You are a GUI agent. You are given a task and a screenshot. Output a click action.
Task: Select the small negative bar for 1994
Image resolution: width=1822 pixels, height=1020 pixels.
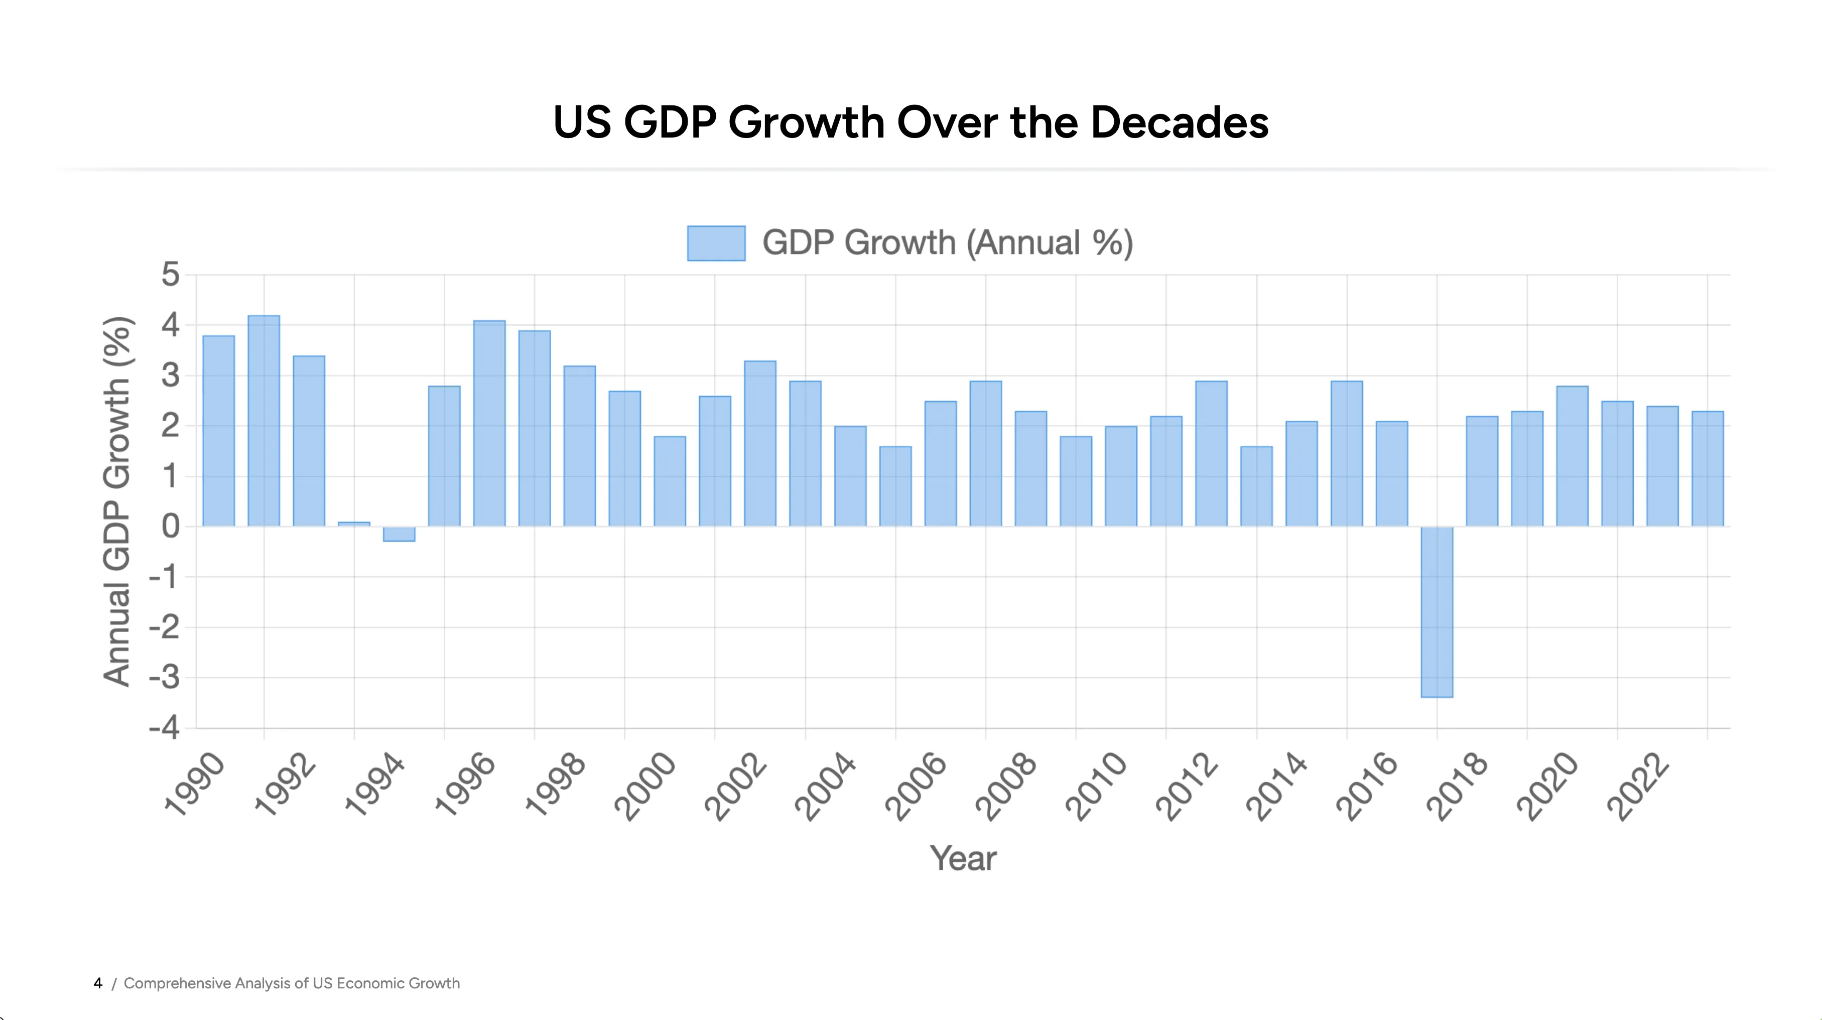click(399, 534)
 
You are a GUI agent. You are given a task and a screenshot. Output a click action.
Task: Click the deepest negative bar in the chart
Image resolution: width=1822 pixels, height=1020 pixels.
click(1437, 612)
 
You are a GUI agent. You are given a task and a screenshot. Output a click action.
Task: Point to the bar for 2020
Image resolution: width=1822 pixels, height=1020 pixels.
click(1573, 456)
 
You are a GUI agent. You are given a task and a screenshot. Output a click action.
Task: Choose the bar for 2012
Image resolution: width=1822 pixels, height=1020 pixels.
click(1212, 453)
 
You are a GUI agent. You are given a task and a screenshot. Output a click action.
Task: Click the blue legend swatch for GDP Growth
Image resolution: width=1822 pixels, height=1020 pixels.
click(716, 243)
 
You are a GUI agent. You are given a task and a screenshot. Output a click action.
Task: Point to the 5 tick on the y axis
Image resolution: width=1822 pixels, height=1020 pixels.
click(171, 275)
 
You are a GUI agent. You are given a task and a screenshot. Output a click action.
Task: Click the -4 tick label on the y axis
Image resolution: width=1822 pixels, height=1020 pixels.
click(164, 728)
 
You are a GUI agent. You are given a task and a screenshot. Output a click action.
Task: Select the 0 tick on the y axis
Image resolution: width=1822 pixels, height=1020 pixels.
click(171, 526)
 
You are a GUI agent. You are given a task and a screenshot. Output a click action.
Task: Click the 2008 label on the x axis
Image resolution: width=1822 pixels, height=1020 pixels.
click(1006, 786)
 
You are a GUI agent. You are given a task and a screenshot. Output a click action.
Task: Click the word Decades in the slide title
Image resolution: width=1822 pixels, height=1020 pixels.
click(1179, 122)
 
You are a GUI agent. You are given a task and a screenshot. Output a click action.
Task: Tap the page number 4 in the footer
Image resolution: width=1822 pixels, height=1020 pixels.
click(97, 983)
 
